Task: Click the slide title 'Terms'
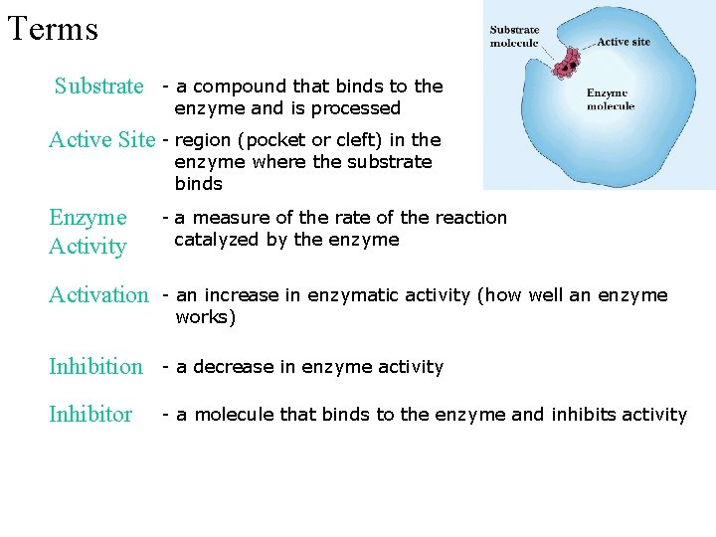[53, 29]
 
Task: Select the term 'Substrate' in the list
[98, 87]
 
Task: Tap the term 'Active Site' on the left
[101, 140]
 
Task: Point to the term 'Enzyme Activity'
[88, 232]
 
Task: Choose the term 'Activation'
[97, 295]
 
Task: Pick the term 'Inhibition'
[95, 367]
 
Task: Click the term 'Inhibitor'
[90, 415]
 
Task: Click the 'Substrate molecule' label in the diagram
[514, 37]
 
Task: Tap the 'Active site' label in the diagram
[624, 43]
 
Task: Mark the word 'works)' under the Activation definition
[205, 318]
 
